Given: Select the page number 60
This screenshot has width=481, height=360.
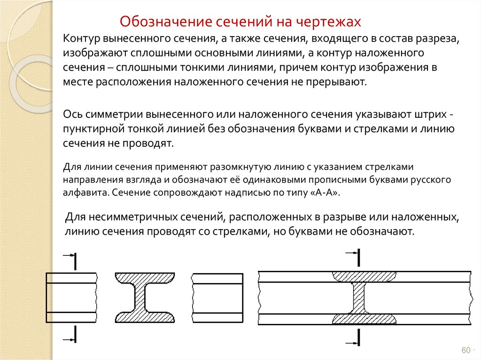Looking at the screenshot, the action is [466, 351].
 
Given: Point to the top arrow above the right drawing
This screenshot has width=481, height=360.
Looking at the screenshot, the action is [352, 253].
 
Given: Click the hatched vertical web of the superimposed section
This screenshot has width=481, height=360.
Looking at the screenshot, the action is [359, 298].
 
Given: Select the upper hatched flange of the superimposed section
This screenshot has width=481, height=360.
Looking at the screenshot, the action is [364, 276].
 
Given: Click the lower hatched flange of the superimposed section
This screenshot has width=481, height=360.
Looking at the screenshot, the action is [364, 319].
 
